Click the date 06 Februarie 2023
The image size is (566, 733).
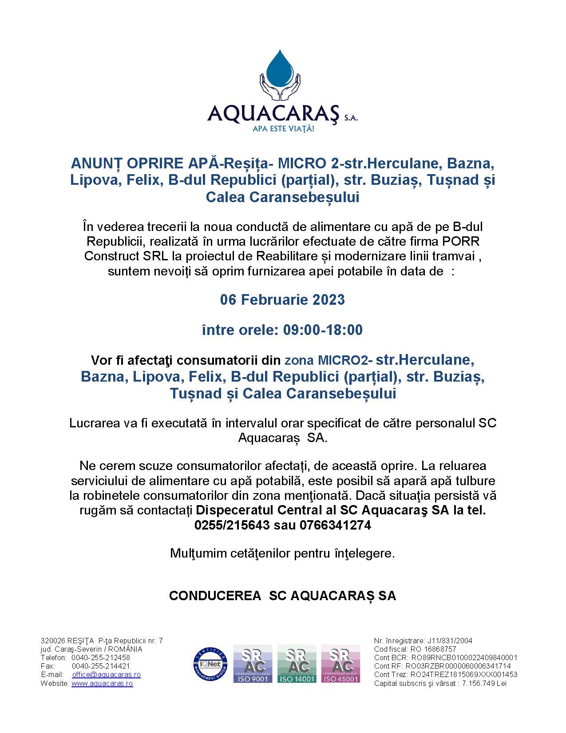tap(282, 300)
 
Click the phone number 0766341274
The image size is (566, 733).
tap(335, 525)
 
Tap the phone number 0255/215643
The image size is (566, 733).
tap(232, 525)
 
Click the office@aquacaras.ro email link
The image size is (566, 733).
tap(107, 674)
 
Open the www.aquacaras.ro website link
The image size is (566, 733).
tap(102, 683)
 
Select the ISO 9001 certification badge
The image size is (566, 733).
tap(253, 664)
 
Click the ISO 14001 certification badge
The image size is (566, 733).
tap(297, 664)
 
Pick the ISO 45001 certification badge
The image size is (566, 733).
tap(340, 664)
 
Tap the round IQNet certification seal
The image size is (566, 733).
tap(210, 664)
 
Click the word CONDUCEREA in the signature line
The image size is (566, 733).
tap(215, 596)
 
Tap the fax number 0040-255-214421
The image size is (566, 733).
tap(101, 666)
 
